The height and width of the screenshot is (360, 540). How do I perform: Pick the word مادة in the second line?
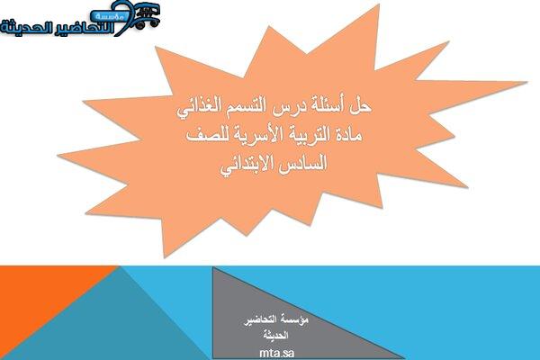pos(346,135)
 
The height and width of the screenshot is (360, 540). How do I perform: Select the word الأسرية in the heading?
pos(251,135)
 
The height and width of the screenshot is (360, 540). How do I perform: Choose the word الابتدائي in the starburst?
pos(247,164)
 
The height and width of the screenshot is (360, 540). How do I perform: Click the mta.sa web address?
pos(276,353)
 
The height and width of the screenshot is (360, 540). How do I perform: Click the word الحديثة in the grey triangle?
pos(276,335)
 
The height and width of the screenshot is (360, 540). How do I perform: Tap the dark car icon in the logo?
pos(147,16)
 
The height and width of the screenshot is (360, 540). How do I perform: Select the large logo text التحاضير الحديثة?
pos(58,28)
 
